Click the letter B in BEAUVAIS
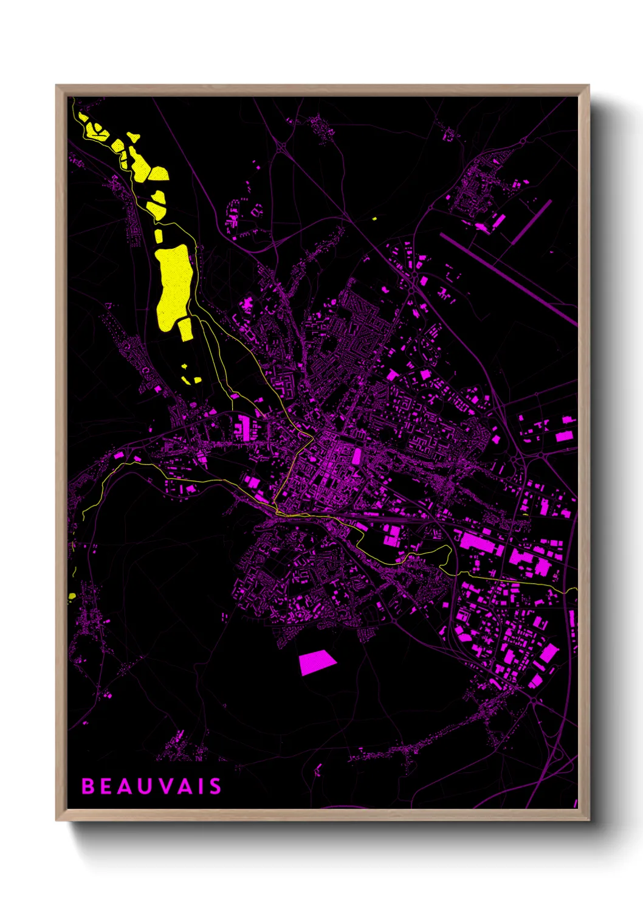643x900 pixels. click(88, 786)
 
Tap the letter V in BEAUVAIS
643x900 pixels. click(153, 786)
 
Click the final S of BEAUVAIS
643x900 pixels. click(215, 786)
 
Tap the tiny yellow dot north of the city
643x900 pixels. click(374, 218)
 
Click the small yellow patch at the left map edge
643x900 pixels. click(72, 596)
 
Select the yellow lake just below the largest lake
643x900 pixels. click(185, 328)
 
